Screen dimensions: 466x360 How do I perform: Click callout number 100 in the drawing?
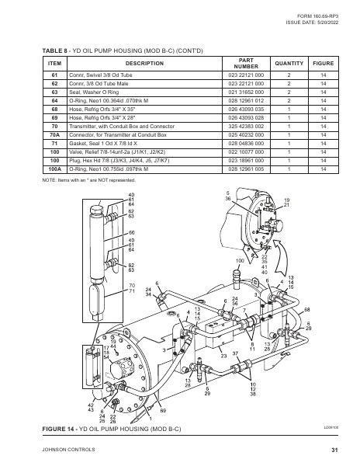[240, 261]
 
